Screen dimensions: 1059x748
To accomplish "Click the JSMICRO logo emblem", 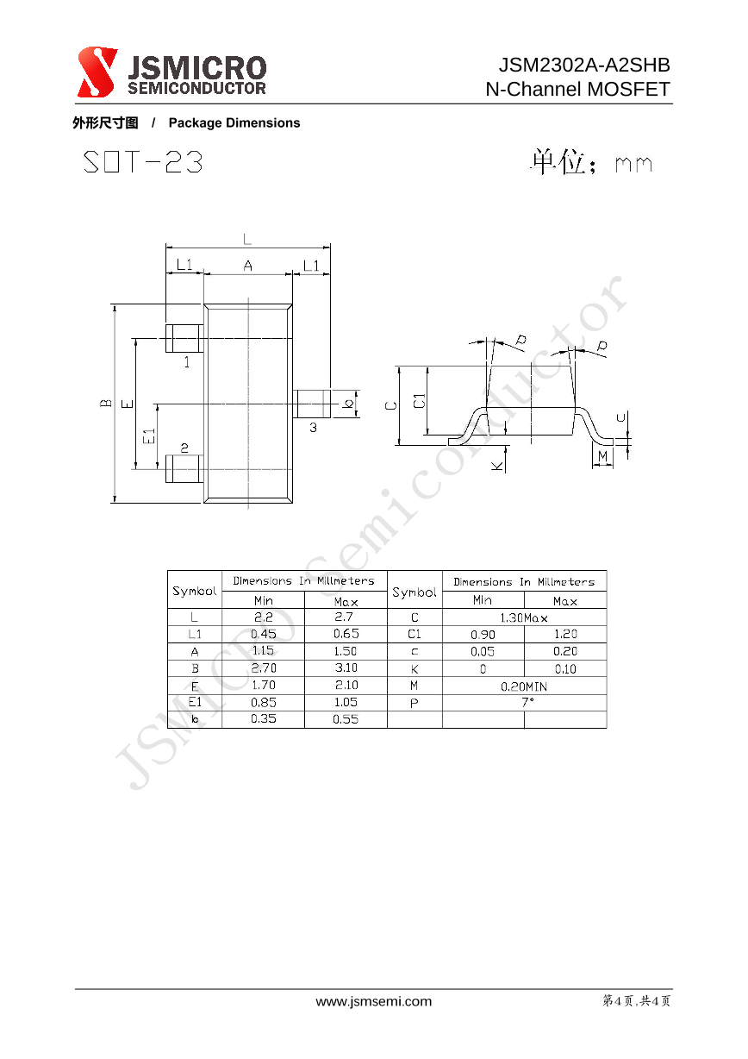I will tap(97, 72).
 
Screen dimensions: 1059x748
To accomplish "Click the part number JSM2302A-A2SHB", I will tap(583, 66).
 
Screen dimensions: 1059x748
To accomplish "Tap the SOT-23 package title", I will tap(143, 162).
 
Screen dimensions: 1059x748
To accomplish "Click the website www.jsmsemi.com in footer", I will tap(374, 1001).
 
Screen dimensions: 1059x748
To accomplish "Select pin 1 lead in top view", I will tap(184, 338).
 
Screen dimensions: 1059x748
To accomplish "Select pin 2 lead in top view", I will tap(184, 469).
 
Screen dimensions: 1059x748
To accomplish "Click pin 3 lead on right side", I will tap(311, 403).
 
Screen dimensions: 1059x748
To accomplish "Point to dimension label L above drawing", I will tap(248, 238).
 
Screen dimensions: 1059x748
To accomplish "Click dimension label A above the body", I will tap(248, 266).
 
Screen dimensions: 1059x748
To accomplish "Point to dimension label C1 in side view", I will tap(419, 401).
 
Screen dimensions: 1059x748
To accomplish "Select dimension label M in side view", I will tap(602, 455).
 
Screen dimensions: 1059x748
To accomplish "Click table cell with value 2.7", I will tap(345, 617).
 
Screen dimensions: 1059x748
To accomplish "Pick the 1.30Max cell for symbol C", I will tap(524, 617).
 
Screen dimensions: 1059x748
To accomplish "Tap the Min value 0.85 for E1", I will tap(263, 702).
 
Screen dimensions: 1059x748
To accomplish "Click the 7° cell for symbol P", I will tap(524, 702).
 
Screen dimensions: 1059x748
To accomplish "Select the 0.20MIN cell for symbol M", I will tap(524, 686).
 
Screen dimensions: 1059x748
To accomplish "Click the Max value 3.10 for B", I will tap(345, 667).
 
